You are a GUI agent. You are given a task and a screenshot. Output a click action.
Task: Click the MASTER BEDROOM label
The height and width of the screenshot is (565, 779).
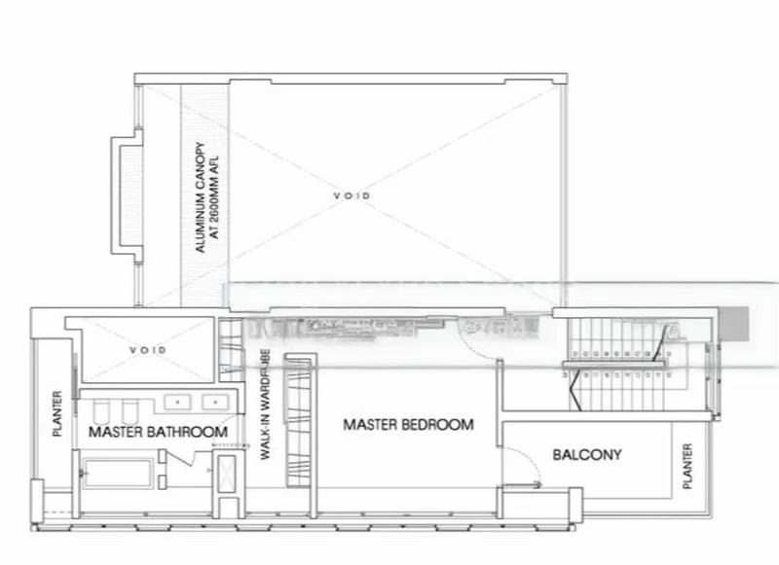pos(408,425)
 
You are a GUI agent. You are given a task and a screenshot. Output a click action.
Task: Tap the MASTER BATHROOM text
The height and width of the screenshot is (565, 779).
pos(158,431)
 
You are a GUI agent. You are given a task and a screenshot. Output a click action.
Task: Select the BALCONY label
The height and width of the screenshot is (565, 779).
pos(586,454)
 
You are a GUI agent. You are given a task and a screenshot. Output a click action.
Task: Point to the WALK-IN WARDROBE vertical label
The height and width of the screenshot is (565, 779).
pos(265,409)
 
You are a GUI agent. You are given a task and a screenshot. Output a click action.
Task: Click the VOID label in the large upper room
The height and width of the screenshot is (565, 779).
pos(352,195)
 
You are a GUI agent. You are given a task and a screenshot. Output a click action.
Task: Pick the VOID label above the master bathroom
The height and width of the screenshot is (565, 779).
pos(148,349)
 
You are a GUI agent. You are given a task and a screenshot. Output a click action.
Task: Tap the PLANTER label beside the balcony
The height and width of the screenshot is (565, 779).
pos(687,467)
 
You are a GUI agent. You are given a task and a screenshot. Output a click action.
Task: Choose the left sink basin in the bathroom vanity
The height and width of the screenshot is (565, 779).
pos(178,400)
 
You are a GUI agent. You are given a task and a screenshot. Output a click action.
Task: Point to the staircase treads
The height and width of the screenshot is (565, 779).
pos(623,365)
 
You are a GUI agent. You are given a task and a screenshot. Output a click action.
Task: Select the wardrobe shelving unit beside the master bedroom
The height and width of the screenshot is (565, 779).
pos(298,423)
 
